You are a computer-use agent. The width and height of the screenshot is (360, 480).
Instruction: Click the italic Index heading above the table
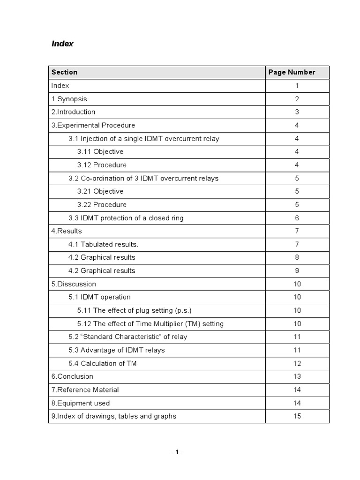62,44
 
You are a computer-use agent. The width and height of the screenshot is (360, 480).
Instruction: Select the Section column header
65,72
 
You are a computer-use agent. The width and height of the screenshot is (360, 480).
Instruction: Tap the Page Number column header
292,72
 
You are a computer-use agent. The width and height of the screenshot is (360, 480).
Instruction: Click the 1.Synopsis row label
69,99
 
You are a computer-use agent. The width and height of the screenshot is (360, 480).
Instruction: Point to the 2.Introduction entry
73,112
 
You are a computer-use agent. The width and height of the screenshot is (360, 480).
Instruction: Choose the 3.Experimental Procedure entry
93,125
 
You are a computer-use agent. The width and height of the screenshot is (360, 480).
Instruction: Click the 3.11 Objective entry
100,152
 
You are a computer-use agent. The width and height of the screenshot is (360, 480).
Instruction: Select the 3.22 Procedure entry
102,205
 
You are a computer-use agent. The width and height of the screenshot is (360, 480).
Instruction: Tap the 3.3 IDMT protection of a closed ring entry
126,218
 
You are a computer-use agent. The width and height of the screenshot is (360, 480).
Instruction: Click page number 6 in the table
297,218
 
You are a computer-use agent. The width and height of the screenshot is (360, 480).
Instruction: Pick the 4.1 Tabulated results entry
104,244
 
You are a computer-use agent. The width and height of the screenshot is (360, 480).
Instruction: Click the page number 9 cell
297,270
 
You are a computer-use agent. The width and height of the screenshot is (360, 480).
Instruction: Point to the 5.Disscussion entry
74,284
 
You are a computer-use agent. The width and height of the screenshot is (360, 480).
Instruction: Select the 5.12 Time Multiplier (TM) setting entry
150,324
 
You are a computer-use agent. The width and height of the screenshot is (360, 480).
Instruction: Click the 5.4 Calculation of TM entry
103,363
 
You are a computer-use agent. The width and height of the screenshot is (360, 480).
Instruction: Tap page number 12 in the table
297,363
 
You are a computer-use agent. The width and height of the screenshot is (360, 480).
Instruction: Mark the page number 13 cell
297,376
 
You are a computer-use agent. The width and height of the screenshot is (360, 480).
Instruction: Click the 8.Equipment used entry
81,403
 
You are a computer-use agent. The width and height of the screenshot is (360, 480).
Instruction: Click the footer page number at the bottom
177,452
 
